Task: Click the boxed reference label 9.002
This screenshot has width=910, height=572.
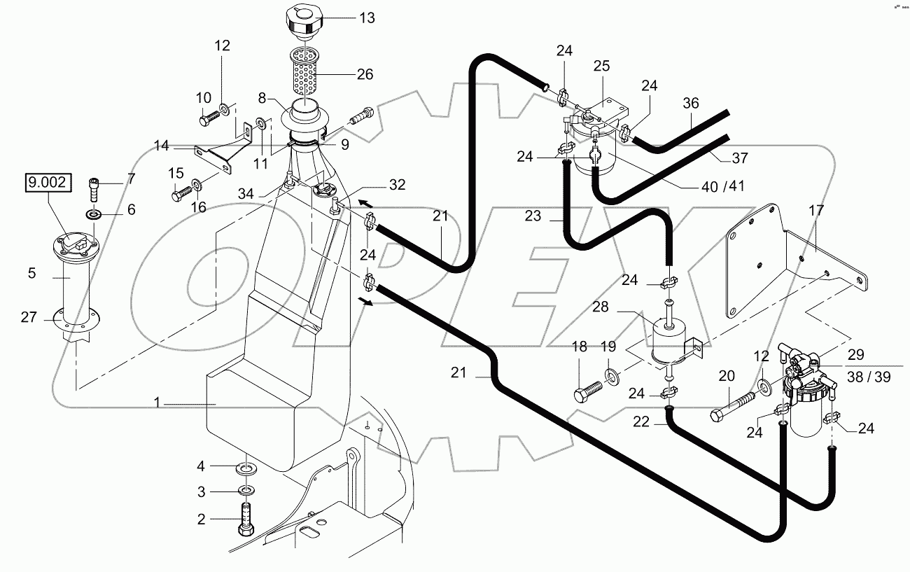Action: pyautogui.click(x=48, y=184)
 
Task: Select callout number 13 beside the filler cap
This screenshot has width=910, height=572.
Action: pyautogui.click(x=367, y=18)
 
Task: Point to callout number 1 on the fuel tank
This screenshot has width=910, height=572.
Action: pyautogui.click(x=158, y=404)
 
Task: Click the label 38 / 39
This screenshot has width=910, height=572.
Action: pyautogui.click(x=868, y=377)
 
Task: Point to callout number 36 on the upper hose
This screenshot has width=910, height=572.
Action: pyautogui.click(x=691, y=103)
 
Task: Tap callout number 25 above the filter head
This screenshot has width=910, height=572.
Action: pyautogui.click(x=601, y=67)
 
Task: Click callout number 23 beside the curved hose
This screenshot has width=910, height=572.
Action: pyautogui.click(x=533, y=216)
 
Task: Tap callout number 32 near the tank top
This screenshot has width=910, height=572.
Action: pyautogui.click(x=397, y=186)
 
